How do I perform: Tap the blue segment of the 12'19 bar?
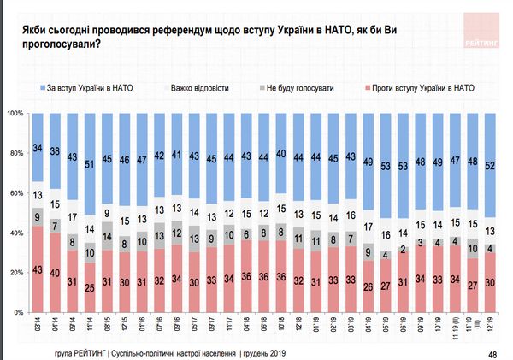click(x=490, y=165)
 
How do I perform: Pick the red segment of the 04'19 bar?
click(x=368, y=286)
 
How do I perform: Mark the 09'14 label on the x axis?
click(x=72, y=324)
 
